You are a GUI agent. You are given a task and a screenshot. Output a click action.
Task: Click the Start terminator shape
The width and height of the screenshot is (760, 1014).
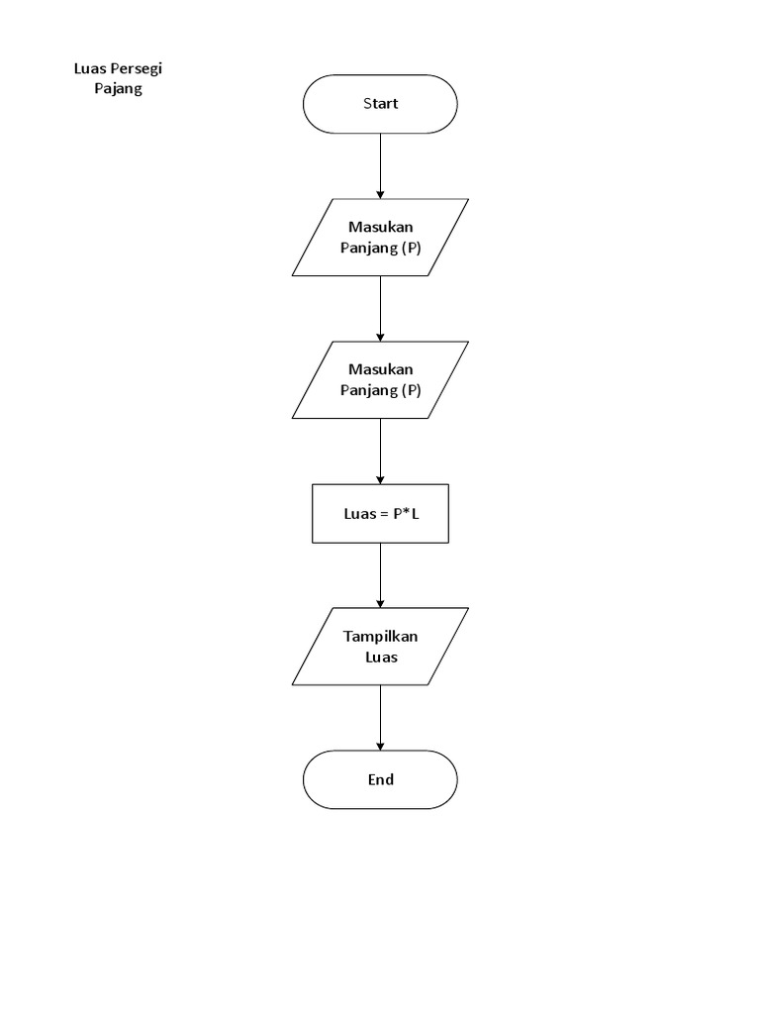coord(380,103)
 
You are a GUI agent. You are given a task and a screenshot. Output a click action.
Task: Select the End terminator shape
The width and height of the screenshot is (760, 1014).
coord(380,779)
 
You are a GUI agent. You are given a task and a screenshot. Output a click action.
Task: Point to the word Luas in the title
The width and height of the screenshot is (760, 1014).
coord(89,69)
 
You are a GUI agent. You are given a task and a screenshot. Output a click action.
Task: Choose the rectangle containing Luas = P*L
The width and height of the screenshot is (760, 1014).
coord(380,513)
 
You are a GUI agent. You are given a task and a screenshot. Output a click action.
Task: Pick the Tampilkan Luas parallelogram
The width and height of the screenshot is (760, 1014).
coord(380,646)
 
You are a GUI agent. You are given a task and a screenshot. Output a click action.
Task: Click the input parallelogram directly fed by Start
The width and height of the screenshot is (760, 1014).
coord(380,238)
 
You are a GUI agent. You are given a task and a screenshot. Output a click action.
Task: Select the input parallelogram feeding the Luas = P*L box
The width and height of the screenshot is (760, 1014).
coord(380,379)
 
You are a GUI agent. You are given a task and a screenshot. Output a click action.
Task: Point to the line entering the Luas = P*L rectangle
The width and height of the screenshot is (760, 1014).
coord(380,451)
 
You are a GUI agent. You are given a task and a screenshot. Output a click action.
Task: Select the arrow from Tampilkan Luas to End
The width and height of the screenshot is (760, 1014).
coord(380,717)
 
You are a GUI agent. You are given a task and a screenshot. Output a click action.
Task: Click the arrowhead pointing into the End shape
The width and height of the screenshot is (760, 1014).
coord(380,745)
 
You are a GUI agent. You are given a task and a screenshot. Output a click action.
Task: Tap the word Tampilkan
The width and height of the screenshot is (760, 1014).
coord(380,636)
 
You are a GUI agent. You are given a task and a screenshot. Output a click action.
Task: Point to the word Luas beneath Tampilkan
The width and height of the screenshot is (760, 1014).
coord(380,656)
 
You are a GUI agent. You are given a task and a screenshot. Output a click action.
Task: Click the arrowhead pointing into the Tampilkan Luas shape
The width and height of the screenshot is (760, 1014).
coord(380,602)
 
